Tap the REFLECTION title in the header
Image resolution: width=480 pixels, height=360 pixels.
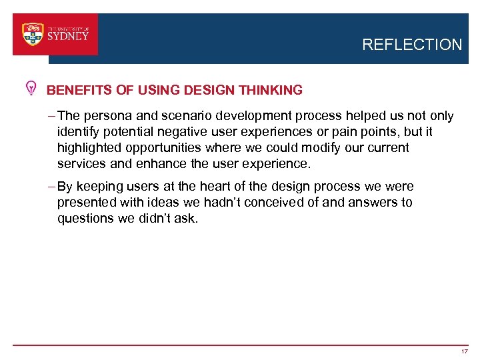tap(411, 45)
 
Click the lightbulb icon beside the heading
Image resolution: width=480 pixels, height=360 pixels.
tap(31, 89)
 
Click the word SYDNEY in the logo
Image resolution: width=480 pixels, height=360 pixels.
tap(68, 37)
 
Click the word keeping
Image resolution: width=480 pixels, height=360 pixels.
tap(98, 187)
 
